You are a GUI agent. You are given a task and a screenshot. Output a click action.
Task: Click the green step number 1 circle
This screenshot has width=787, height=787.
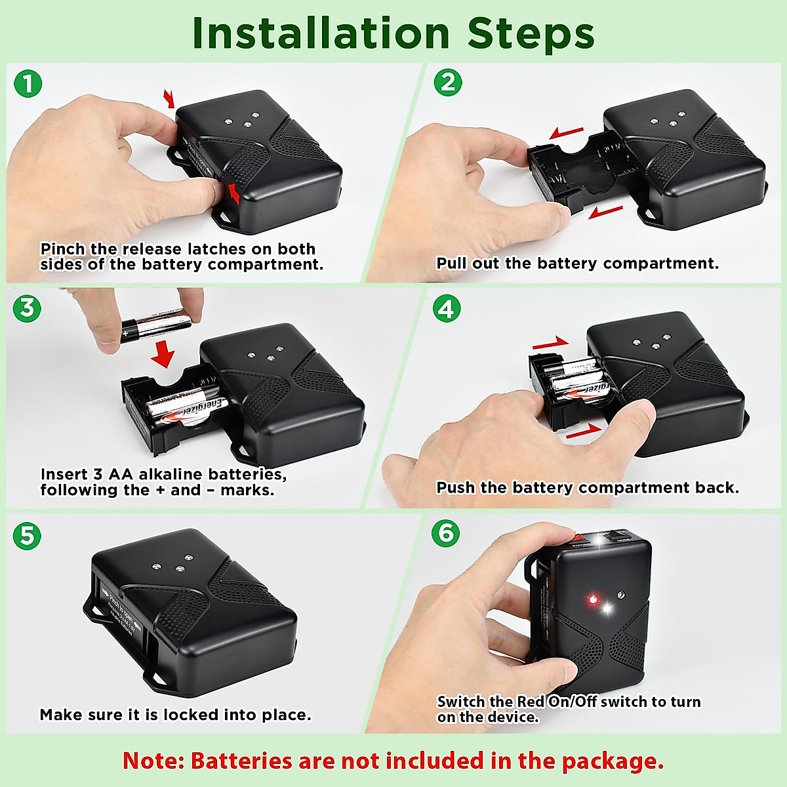(28, 84)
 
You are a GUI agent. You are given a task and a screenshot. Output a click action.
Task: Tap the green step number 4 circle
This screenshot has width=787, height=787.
(447, 308)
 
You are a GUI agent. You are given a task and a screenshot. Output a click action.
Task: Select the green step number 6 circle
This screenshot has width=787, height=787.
(446, 533)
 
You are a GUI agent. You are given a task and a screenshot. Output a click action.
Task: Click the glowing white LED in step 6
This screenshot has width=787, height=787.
(607, 609)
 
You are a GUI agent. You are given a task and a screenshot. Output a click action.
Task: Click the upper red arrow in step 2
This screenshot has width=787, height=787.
(566, 134)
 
